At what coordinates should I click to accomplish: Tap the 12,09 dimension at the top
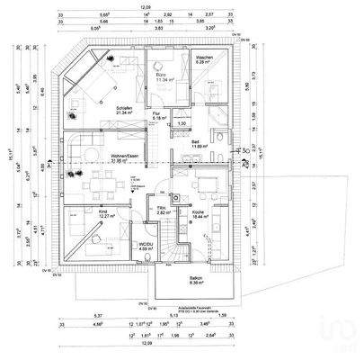click(146, 6)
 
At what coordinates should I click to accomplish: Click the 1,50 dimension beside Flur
click(181, 123)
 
